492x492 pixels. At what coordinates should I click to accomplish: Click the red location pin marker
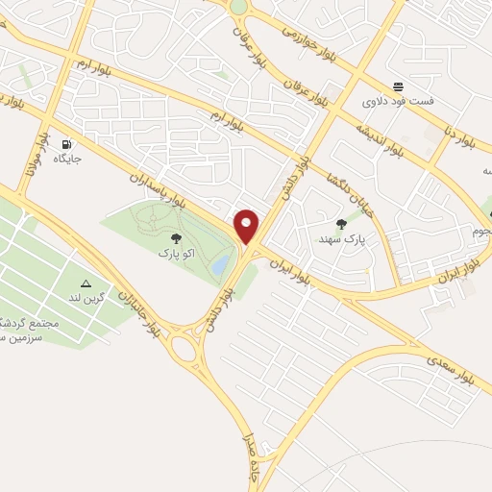pyautogui.click(x=247, y=227)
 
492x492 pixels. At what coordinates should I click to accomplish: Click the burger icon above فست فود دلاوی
pyautogui.click(x=398, y=86)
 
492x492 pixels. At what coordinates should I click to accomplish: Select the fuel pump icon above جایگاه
pyautogui.click(x=66, y=142)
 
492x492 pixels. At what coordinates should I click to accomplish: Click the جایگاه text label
pyautogui.click(x=66, y=158)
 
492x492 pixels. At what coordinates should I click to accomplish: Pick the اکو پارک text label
pyautogui.click(x=175, y=255)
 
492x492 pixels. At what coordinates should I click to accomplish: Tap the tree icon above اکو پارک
pyautogui.click(x=175, y=238)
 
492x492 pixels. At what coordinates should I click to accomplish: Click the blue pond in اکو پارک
pyautogui.click(x=221, y=262)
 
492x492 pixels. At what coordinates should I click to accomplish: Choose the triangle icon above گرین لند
pyautogui.click(x=86, y=283)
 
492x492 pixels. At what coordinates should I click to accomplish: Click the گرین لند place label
pyautogui.click(x=86, y=300)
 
